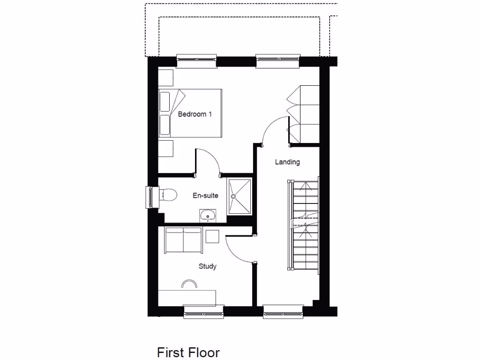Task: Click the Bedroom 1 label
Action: [195, 114]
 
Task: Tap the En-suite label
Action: [205, 195]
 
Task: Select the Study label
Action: [207, 266]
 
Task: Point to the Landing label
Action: [287, 162]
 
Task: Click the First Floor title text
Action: [188, 352]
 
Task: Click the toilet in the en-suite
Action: [168, 195]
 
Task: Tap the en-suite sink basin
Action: [207, 215]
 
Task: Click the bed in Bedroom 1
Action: [189, 114]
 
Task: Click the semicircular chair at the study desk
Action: [189, 283]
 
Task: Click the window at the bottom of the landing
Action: [283, 311]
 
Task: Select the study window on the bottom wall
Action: [203, 311]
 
